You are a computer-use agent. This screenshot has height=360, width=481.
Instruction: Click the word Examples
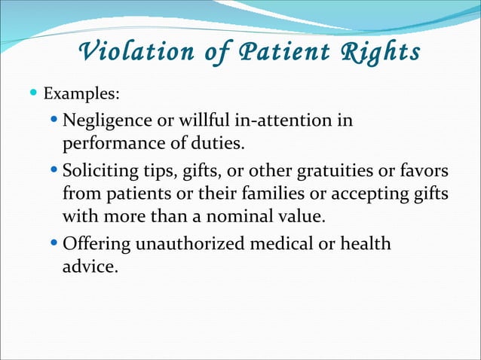(x=80, y=96)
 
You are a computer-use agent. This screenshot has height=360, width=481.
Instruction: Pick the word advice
(x=90, y=268)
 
